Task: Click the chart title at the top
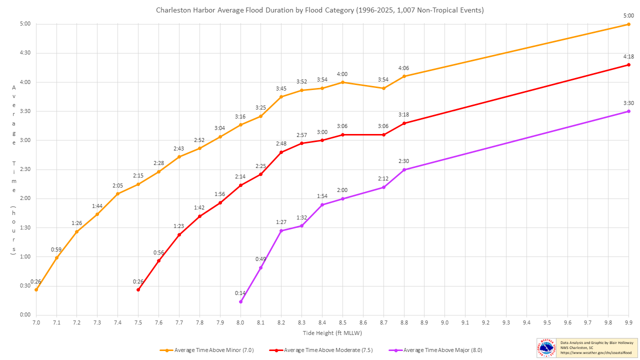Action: click(320, 10)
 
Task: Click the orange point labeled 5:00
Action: click(629, 24)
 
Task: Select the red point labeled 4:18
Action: click(629, 65)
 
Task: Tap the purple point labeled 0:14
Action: click(240, 301)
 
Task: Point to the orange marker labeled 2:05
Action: click(118, 194)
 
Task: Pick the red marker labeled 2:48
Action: click(281, 152)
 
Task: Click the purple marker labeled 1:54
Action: click(322, 205)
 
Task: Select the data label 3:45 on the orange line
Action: click(281, 88)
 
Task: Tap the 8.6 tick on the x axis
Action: click(363, 323)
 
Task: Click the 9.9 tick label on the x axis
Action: click(629, 323)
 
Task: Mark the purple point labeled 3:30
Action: click(629, 111)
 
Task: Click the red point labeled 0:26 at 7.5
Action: click(138, 289)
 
